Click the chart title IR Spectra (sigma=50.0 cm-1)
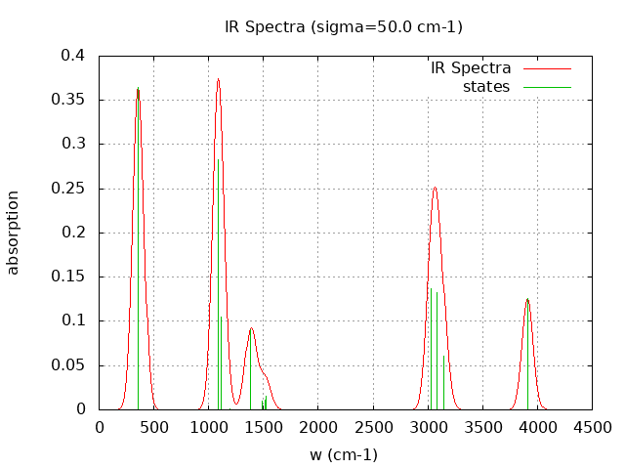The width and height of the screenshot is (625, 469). click(x=344, y=26)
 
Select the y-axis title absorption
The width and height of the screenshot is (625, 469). click(x=14, y=233)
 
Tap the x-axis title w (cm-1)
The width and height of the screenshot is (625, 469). click(x=344, y=454)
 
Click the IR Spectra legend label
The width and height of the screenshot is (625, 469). click(x=471, y=68)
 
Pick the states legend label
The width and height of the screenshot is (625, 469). click(x=486, y=87)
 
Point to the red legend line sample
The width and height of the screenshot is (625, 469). click(x=546, y=68)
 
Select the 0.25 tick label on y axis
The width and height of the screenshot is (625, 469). click(x=71, y=189)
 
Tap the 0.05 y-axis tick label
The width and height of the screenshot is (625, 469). click(x=71, y=365)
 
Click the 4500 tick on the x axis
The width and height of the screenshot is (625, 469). click(x=592, y=427)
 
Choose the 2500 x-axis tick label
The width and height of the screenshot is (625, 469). click(x=373, y=427)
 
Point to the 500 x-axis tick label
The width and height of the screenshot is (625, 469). click(x=154, y=427)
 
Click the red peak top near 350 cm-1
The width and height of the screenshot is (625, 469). click(x=138, y=89)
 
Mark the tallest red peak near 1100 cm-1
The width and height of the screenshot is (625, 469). click(x=218, y=79)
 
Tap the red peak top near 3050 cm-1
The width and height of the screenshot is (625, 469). click(x=435, y=188)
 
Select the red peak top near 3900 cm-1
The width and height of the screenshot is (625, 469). click(x=527, y=299)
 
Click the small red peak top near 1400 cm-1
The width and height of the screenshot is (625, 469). click(x=251, y=328)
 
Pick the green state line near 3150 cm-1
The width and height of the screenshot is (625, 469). click(x=443, y=381)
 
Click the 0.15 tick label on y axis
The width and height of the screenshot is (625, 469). click(x=71, y=277)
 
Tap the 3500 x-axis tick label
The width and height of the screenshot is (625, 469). click(x=482, y=427)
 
